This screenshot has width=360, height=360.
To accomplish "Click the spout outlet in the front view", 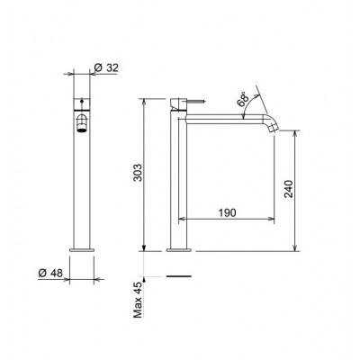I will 81,126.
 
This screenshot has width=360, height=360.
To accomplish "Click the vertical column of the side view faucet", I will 177,180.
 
